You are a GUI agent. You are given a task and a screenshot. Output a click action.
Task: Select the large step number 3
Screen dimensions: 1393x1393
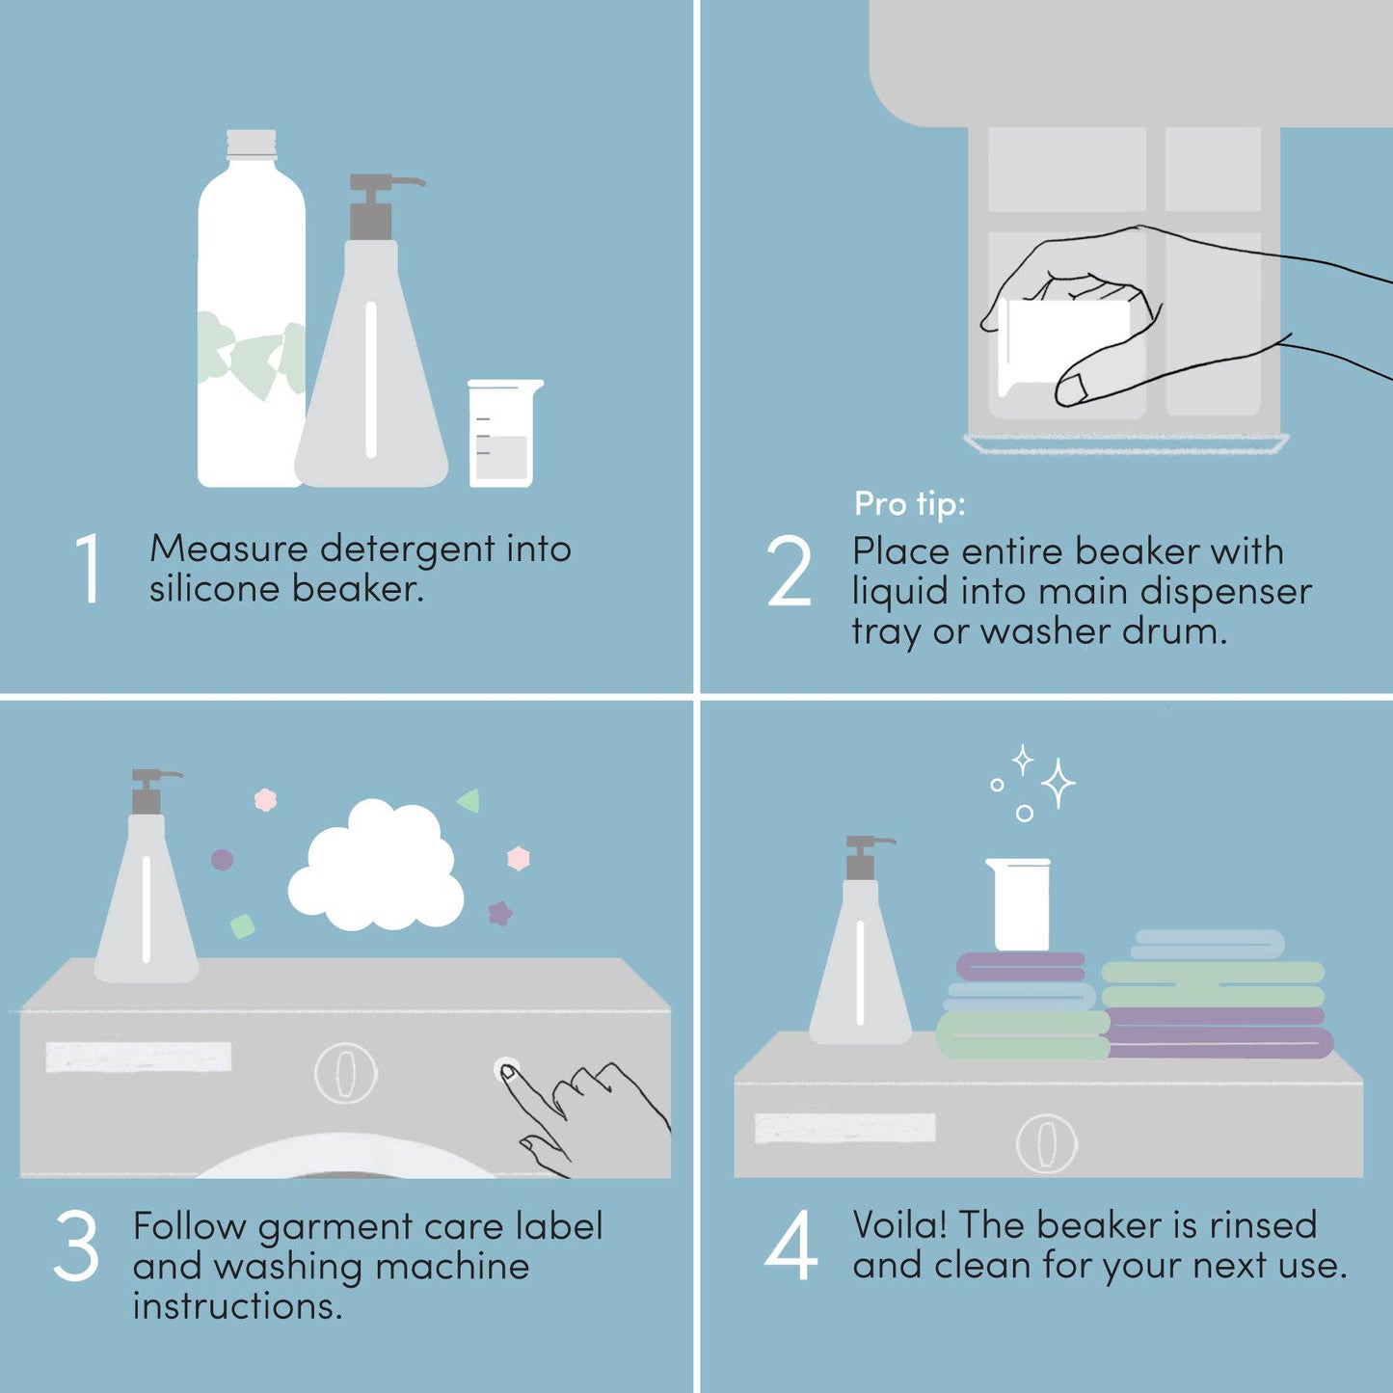click(76, 1246)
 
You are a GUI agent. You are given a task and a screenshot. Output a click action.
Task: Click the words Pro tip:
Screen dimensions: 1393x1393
click(909, 503)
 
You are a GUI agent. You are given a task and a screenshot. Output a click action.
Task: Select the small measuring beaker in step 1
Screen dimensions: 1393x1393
click(502, 434)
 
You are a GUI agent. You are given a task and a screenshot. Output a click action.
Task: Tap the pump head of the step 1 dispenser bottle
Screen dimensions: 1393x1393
click(376, 202)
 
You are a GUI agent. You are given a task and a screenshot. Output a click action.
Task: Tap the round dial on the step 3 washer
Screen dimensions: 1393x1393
click(345, 1072)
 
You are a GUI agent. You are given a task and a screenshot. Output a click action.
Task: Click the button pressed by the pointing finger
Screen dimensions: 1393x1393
click(505, 1069)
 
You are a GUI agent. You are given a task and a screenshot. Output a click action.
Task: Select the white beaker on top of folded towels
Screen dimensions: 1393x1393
click(1020, 904)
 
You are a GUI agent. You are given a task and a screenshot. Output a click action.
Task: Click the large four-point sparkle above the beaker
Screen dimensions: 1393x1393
click(1058, 783)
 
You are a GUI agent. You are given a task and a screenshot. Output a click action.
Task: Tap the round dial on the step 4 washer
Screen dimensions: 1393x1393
click(1046, 1143)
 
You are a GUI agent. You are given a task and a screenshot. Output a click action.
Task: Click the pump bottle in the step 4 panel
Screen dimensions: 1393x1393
click(861, 954)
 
